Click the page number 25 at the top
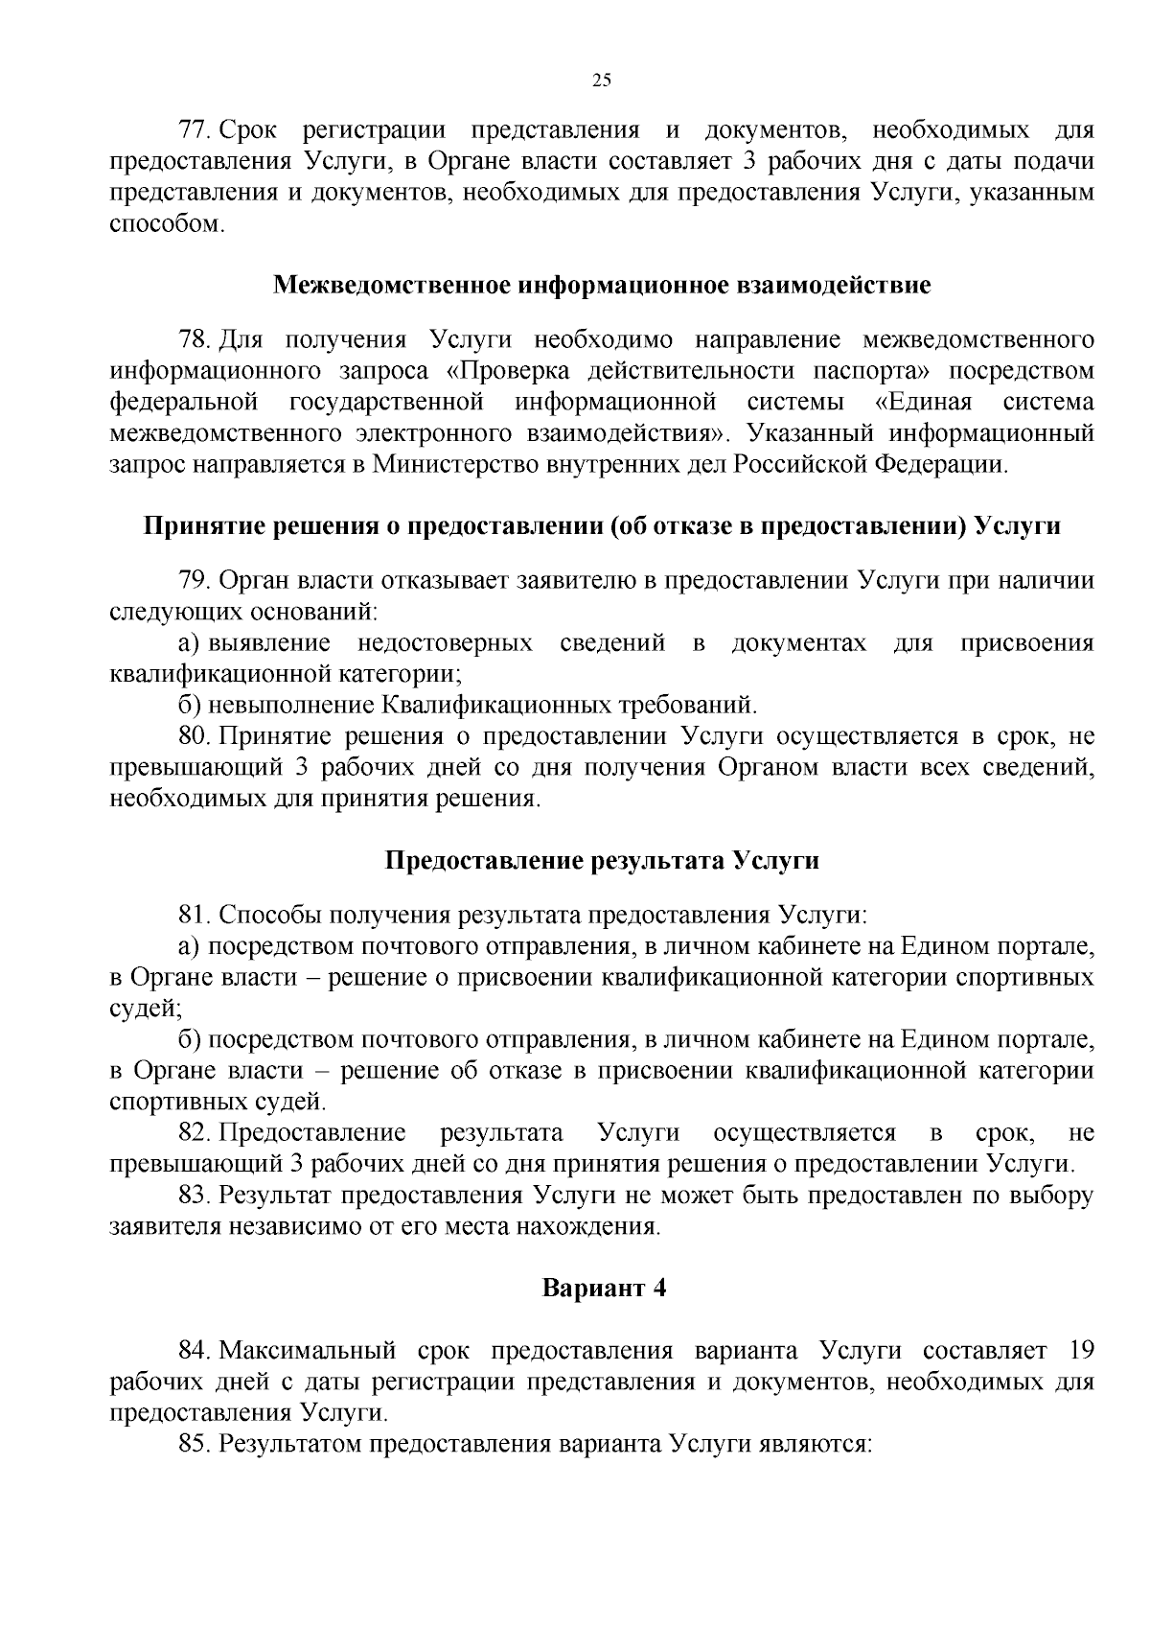(x=602, y=81)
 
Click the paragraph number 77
(x=195, y=130)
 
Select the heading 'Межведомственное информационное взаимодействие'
(x=602, y=285)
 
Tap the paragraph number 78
(x=195, y=340)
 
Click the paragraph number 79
(x=195, y=581)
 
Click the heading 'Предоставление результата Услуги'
(x=602, y=860)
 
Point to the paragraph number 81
(x=195, y=915)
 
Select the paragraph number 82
(x=195, y=1133)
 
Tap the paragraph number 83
(x=195, y=1196)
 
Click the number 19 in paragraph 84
(x=1079, y=1351)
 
